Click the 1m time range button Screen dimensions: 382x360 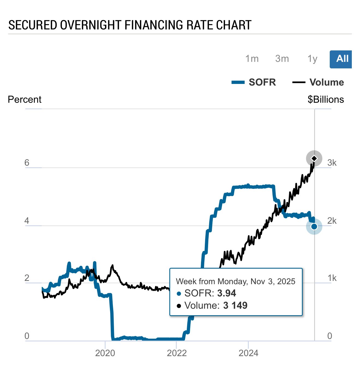click(x=252, y=59)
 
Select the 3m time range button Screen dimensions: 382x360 click(x=282, y=59)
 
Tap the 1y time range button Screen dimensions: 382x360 click(x=312, y=59)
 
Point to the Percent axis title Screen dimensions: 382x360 click(x=25, y=99)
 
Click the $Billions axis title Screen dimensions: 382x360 click(x=326, y=99)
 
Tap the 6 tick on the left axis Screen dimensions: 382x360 click(x=27, y=163)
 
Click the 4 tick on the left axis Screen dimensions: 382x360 click(x=27, y=220)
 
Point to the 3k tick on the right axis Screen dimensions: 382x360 click(x=332, y=163)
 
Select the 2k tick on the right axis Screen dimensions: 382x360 click(x=332, y=220)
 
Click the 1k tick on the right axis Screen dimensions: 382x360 click(x=332, y=278)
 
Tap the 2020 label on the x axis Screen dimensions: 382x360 click(x=105, y=353)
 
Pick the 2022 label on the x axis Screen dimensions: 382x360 click(x=177, y=353)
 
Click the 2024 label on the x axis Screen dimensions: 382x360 click(x=248, y=353)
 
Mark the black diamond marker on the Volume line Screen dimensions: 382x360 click(x=314, y=158)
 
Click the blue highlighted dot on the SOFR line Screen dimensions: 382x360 click(x=314, y=226)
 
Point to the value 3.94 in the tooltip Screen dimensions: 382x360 click(x=227, y=293)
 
